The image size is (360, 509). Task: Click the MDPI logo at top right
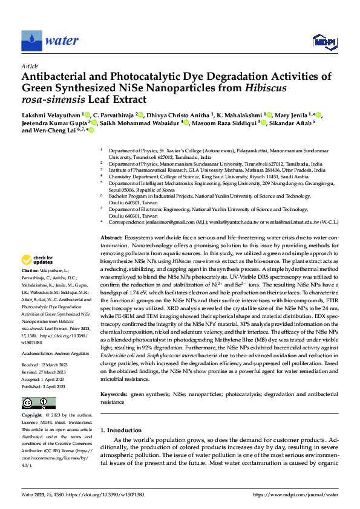[324, 41]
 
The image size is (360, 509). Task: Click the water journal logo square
[31, 41]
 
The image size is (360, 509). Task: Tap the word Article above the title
[30, 65]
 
